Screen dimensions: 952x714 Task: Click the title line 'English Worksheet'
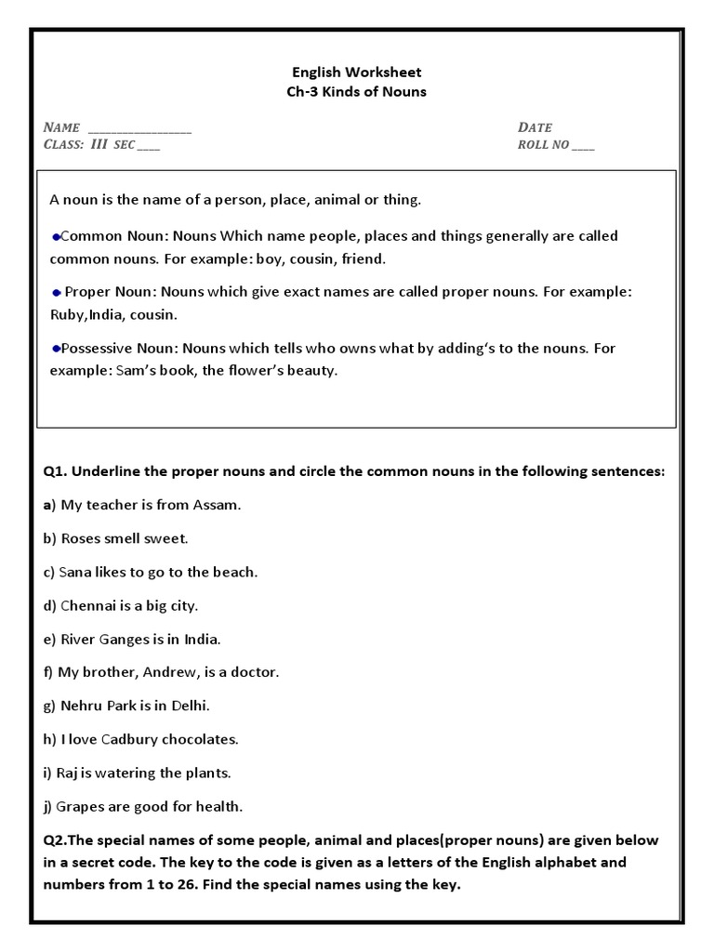pyautogui.click(x=358, y=72)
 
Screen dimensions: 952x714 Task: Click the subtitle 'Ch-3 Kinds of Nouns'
pyautogui.click(x=358, y=91)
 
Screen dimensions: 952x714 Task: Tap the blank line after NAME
pyautogui.click(x=139, y=129)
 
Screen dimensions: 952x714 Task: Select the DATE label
pyautogui.click(x=535, y=126)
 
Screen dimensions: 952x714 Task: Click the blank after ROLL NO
pyautogui.click(x=583, y=147)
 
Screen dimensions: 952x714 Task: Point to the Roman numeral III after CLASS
pyautogui.click(x=99, y=144)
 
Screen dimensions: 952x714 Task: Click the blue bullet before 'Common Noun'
pyautogui.click(x=56, y=236)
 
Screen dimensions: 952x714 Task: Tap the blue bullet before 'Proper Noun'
pyautogui.click(x=56, y=292)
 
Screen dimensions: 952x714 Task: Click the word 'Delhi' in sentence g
pyautogui.click(x=190, y=706)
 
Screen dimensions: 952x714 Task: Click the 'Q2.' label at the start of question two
pyautogui.click(x=57, y=840)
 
